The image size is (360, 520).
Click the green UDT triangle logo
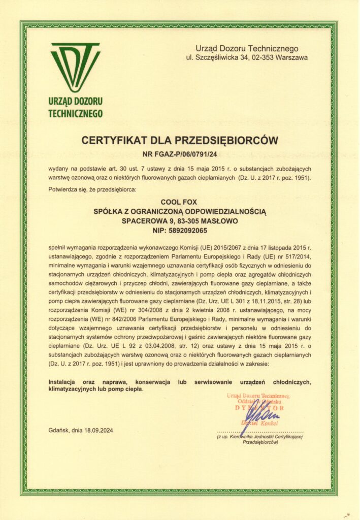(75, 66)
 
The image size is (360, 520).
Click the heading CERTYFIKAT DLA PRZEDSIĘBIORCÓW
(180, 140)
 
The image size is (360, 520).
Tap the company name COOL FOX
(180, 201)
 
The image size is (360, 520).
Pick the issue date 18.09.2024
(95, 431)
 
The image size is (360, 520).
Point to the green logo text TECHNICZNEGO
(75, 113)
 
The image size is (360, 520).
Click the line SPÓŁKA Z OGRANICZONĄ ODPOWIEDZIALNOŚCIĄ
(180, 210)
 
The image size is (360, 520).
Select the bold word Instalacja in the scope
(63, 381)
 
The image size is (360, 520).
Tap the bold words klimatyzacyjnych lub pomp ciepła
(95, 389)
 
